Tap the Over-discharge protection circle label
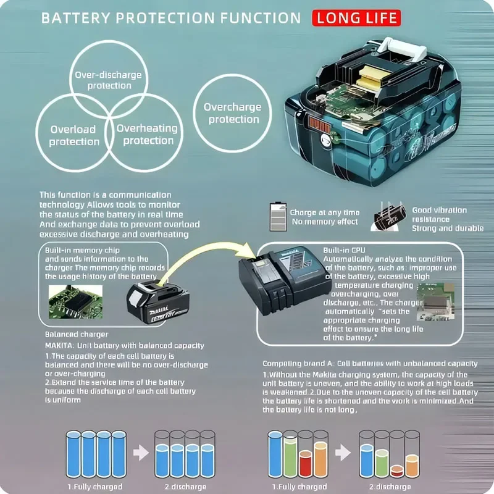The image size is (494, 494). [109, 80]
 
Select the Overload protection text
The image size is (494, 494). [74, 135]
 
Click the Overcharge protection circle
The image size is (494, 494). [232, 113]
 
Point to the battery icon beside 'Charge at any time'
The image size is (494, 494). [277, 217]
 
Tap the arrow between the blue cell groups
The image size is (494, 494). [141, 453]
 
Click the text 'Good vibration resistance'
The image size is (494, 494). [439, 214]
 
